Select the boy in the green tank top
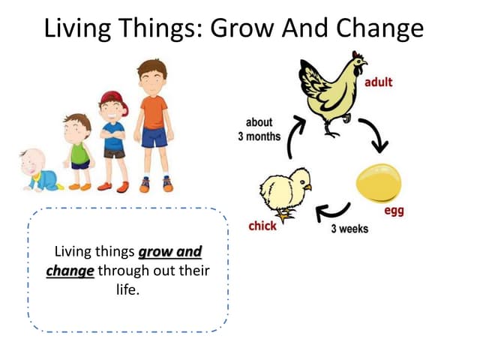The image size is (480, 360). click(x=79, y=150)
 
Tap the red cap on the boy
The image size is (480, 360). click(x=111, y=100)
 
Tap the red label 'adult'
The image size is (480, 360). click(x=378, y=82)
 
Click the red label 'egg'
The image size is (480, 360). click(x=394, y=211)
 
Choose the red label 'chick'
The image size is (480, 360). click(x=262, y=226)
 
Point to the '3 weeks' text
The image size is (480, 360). click(x=349, y=228)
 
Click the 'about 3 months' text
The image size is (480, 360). click(x=259, y=129)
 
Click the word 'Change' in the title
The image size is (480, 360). click(x=380, y=28)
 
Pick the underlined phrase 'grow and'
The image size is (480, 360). click(x=170, y=251)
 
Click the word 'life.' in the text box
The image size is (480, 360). click(x=128, y=289)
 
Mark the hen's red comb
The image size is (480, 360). click(x=359, y=58)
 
